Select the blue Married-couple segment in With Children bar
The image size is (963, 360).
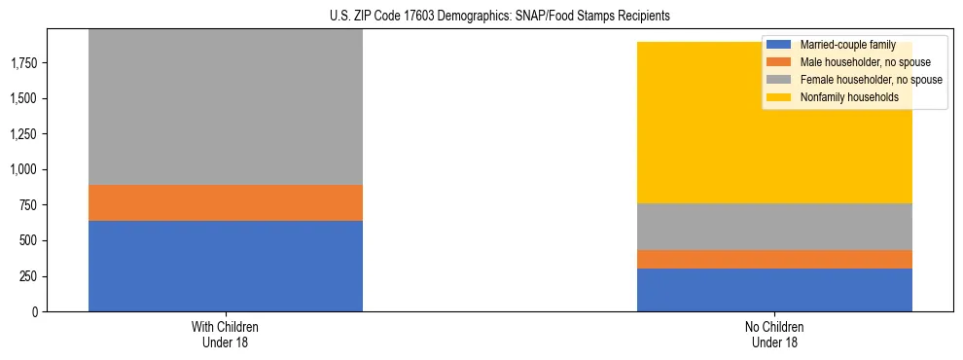[x=225, y=266]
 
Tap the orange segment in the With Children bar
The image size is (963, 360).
[x=225, y=202]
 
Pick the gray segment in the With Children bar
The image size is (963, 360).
[x=225, y=107]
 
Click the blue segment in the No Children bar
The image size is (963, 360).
[x=774, y=290]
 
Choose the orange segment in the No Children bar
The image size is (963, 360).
[x=774, y=259]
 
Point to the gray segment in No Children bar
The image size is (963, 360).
[x=774, y=227]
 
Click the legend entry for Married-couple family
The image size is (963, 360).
[x=845, y=45]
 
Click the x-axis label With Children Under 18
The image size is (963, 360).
[x=225, y=334]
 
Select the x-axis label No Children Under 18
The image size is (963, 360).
[x=774, y=334]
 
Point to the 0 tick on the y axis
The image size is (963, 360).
[x=34, y=311]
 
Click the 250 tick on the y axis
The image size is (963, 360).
[x=28, y=276]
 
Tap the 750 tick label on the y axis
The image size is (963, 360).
[x=28, y=205]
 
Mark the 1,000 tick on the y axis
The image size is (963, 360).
[x=23, y=169]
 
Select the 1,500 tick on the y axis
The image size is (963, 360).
[x=23, y=98]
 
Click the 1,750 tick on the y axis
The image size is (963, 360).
[x=23, y=63]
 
